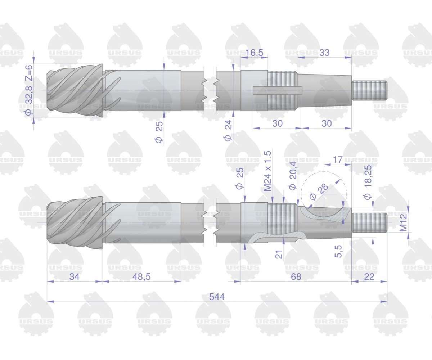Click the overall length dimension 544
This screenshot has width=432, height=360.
217,297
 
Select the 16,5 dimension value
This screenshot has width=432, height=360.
255,53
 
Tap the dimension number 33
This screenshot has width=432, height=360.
324,53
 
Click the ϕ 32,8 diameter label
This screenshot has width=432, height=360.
29,100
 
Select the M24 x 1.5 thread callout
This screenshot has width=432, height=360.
267,171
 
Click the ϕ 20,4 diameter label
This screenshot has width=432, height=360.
293,176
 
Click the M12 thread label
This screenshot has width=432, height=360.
404,222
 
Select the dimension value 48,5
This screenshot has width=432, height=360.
141,276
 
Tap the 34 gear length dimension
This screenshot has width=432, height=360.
74,276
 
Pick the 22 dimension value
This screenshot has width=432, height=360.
369,276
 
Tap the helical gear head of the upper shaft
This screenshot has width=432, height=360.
76,90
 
